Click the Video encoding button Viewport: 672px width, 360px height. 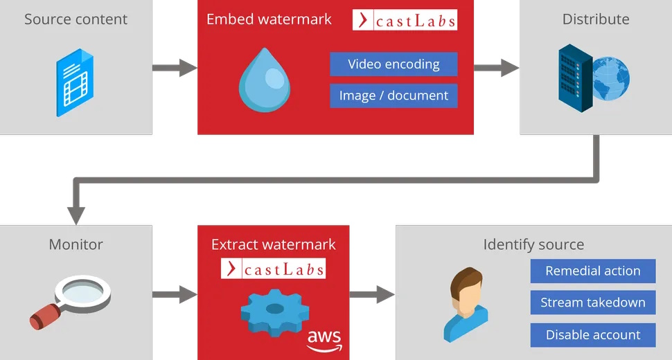click(x=394, y=64)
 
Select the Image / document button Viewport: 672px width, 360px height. click(x=394, y=96)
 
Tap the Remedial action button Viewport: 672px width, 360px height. click(x=592, y=271)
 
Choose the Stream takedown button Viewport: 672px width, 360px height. click(x=592, y=303)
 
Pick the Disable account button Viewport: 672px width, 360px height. click(x=592, y=335)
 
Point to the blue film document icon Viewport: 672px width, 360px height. click(x=76, y=82)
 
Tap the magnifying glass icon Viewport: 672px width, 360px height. click(x=69, y=301)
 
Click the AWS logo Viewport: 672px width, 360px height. click(x=324, y=338)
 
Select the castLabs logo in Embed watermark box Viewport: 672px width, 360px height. click(x=405, y=20)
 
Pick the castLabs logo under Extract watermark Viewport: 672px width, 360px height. click(x=273, y=269)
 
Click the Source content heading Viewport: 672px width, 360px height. click(x=76, y=19)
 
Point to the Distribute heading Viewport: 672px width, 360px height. click(x=596, y=19)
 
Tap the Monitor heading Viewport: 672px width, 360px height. click(x=76, y=244)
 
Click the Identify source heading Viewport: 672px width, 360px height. click(x=533, y=244)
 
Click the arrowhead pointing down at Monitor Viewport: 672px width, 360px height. click(x=76, y=215)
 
